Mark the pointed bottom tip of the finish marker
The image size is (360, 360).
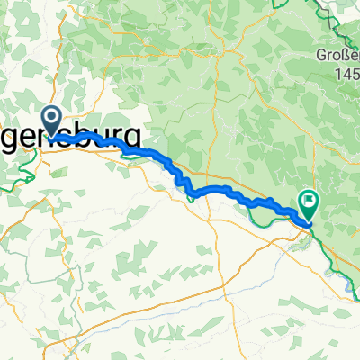307,221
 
